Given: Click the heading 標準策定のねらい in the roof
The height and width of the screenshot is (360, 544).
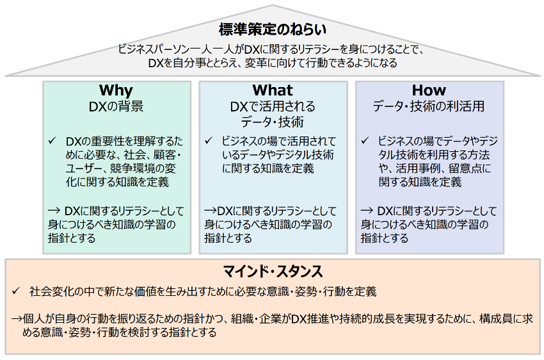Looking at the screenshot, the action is (273, 29).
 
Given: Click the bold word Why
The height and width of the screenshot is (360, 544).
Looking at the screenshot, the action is (116, 90).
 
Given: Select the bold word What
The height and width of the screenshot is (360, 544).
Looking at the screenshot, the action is (273, 90).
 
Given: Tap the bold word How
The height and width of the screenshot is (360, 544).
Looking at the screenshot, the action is (429, 90).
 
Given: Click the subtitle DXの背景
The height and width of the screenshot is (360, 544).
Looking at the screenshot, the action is (116, 106).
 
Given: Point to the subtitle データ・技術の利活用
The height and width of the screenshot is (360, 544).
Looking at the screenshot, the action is (429, 106).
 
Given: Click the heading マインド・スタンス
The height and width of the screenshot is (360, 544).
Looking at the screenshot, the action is (273, 272).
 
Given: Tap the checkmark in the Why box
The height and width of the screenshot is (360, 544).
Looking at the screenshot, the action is (52, 140).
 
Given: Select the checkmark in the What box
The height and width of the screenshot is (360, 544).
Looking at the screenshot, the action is (209, 140).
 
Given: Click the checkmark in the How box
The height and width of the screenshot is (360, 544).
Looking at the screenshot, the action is (365, 140).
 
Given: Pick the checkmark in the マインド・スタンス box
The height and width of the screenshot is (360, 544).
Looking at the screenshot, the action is (16, 291).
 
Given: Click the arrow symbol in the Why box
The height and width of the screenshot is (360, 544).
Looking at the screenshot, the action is (54, 211).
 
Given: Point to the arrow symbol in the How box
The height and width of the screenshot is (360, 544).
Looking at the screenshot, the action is (367, 211).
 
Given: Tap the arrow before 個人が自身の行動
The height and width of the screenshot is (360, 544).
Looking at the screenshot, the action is (17, 319).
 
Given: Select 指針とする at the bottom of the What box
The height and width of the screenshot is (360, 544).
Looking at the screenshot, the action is (228, 238).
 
